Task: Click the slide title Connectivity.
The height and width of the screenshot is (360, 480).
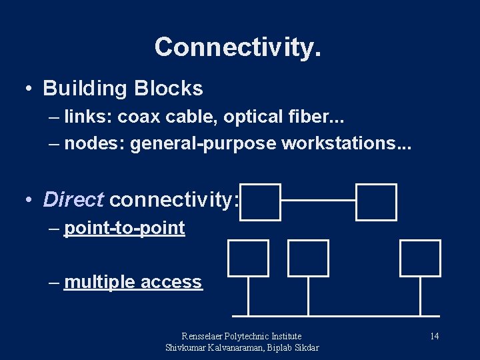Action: (238, 47)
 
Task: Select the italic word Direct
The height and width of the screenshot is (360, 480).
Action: (73, 199)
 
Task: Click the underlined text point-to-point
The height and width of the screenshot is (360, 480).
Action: (124, 228)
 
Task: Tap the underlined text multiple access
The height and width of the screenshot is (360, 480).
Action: (133, 282)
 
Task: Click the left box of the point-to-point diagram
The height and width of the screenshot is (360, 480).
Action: (261, 202)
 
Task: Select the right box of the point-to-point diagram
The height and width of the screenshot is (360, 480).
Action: (376, 202)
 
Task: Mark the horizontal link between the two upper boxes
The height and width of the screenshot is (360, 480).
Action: (318, 199)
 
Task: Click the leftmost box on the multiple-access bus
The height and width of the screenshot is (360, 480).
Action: (248, 258)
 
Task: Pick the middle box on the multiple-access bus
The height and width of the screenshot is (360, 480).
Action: (308, 258)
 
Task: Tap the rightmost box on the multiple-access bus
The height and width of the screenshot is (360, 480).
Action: (420, 258)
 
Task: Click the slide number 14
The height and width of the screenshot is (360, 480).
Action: (434, 336)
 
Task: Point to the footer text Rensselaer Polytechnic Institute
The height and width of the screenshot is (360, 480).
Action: (241, 336)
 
